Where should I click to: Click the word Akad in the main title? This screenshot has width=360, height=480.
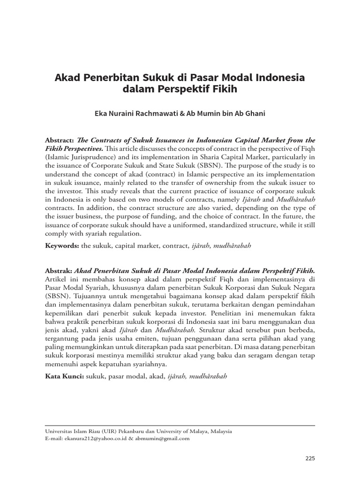click(x=68, y=77)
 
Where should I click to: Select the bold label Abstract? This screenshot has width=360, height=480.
click(x=60, y=140)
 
